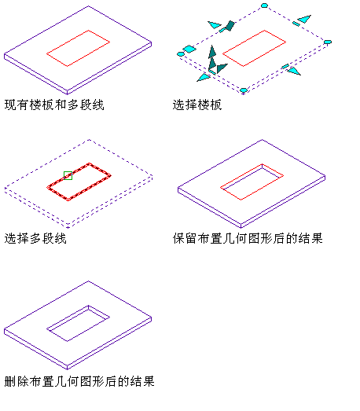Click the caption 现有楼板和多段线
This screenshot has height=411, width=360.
[54, 105]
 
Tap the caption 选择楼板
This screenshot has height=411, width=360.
[197, 105]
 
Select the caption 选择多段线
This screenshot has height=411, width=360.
[35, 239]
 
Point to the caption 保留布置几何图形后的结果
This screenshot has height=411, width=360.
[248, 239]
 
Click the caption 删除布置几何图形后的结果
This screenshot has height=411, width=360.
[79, 381]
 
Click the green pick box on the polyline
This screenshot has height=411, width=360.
[68, 175]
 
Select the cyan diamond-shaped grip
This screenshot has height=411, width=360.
[189, 49]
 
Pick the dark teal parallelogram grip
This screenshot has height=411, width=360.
[230, 26]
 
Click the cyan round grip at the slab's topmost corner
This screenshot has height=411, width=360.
[264, 6]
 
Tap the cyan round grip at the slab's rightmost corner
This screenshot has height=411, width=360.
[328, 42]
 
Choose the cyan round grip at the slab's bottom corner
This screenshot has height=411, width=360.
[244, 90]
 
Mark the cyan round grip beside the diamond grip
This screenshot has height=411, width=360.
[181, 54]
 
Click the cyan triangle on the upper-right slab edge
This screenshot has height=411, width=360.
[305, 19]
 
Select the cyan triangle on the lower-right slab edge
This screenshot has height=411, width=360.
[294, 72]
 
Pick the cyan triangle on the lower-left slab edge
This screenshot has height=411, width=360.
[204, 78]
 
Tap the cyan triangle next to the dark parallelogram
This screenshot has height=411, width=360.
[215, 25]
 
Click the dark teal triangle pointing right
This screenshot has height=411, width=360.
[222, 68]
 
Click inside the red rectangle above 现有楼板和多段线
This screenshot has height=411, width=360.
[78, 48]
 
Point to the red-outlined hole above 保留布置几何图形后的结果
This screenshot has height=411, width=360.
[252, 182]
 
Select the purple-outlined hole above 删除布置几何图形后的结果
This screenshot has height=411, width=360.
[78, 324]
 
